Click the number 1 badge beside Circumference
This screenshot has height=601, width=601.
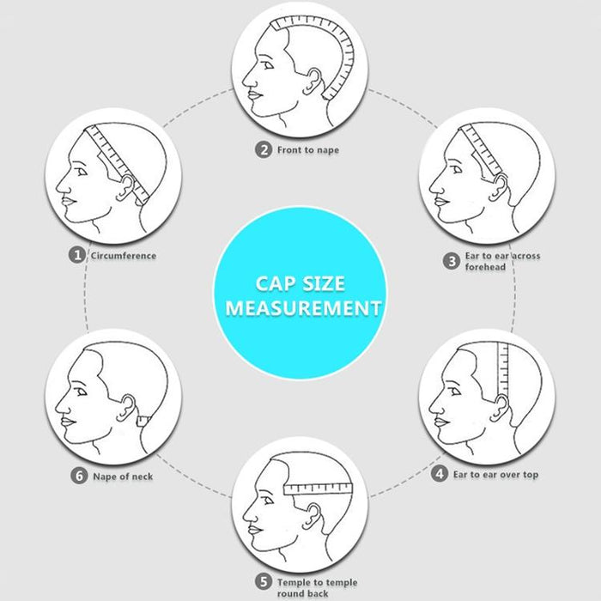(x=77, y=255)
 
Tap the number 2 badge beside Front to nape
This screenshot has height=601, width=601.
(x=264, y=149)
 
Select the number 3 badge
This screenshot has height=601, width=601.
(x=452, y=261)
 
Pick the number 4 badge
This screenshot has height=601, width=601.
(x=440, y=474)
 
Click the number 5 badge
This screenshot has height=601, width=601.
(x=264, y=581)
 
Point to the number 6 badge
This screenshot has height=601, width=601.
(x=79, y=476)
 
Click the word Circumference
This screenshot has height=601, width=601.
(x=124, y=256)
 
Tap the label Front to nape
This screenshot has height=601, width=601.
(x=308, y=150)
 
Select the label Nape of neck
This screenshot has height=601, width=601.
(x=123, y=477)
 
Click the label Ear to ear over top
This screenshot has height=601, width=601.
(x=495, y=475)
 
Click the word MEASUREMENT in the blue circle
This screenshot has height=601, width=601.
(x=303, y=308)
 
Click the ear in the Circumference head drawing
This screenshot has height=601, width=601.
(x=126, y=188)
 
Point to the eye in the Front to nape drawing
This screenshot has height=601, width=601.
(x=269, y=66)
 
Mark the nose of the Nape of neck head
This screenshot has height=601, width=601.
(x=62, y=407)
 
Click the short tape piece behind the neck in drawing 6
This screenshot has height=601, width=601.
(x=143, y=422)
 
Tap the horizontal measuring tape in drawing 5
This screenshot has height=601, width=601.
(x=318, y=489)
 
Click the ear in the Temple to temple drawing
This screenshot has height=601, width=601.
(x=312, y=516)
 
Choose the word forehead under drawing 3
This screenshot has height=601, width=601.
(x=485, y=267)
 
